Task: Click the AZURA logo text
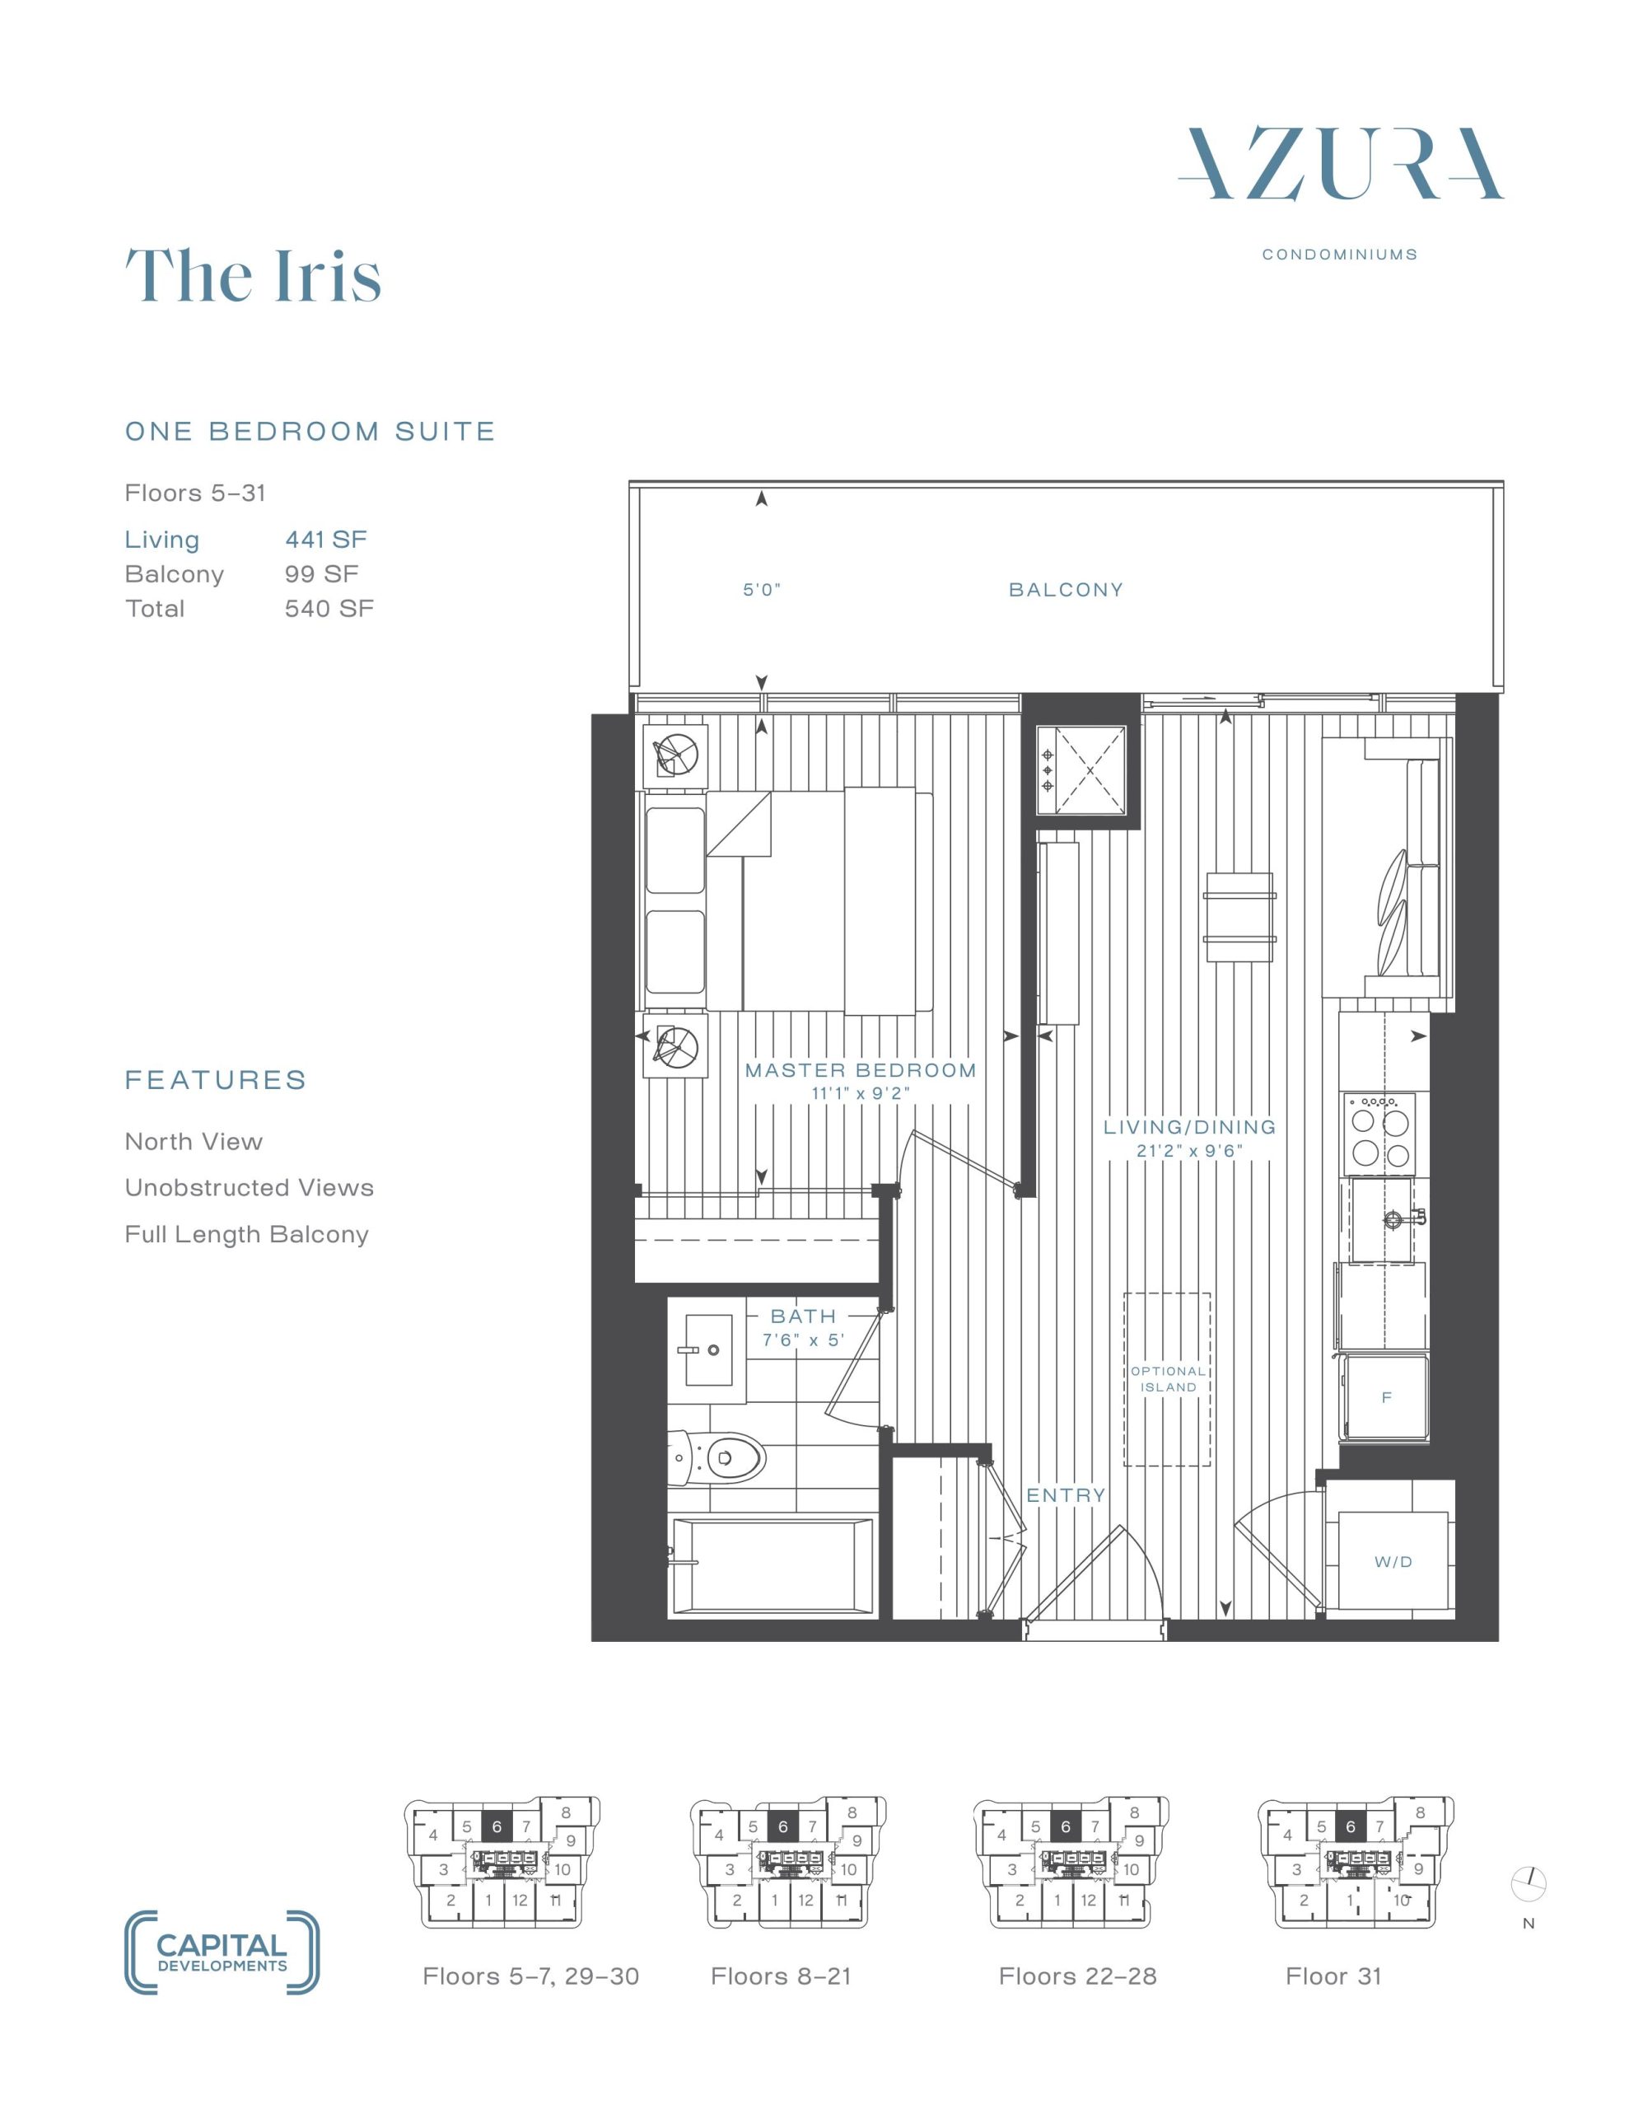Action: pyautogui.click(x=1340, y=164)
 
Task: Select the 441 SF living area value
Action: pyautogui.click(x=326, y=540)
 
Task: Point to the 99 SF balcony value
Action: pyautogui.click(x=321, y=573)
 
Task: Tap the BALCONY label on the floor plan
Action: pyautogui.click(x=1066, y=590)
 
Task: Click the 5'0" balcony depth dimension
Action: pyautogui.click(x=762, y=590)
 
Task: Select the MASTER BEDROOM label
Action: pyautogui.click(x=861, y=1070)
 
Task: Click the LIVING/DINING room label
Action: pyautogui.click(x=1190, y=1127)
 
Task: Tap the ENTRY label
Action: pyautogui.click(x=1066, y=1496)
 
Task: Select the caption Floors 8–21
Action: pyautogui.click(x=782, y=1976)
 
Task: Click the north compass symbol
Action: pyautogui.click(x=1529, y=1882)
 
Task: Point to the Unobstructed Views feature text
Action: pyautogui.click(x=250, y=1188)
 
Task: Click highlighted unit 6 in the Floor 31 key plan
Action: pyautogui.click(x=1350, y=1826)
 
